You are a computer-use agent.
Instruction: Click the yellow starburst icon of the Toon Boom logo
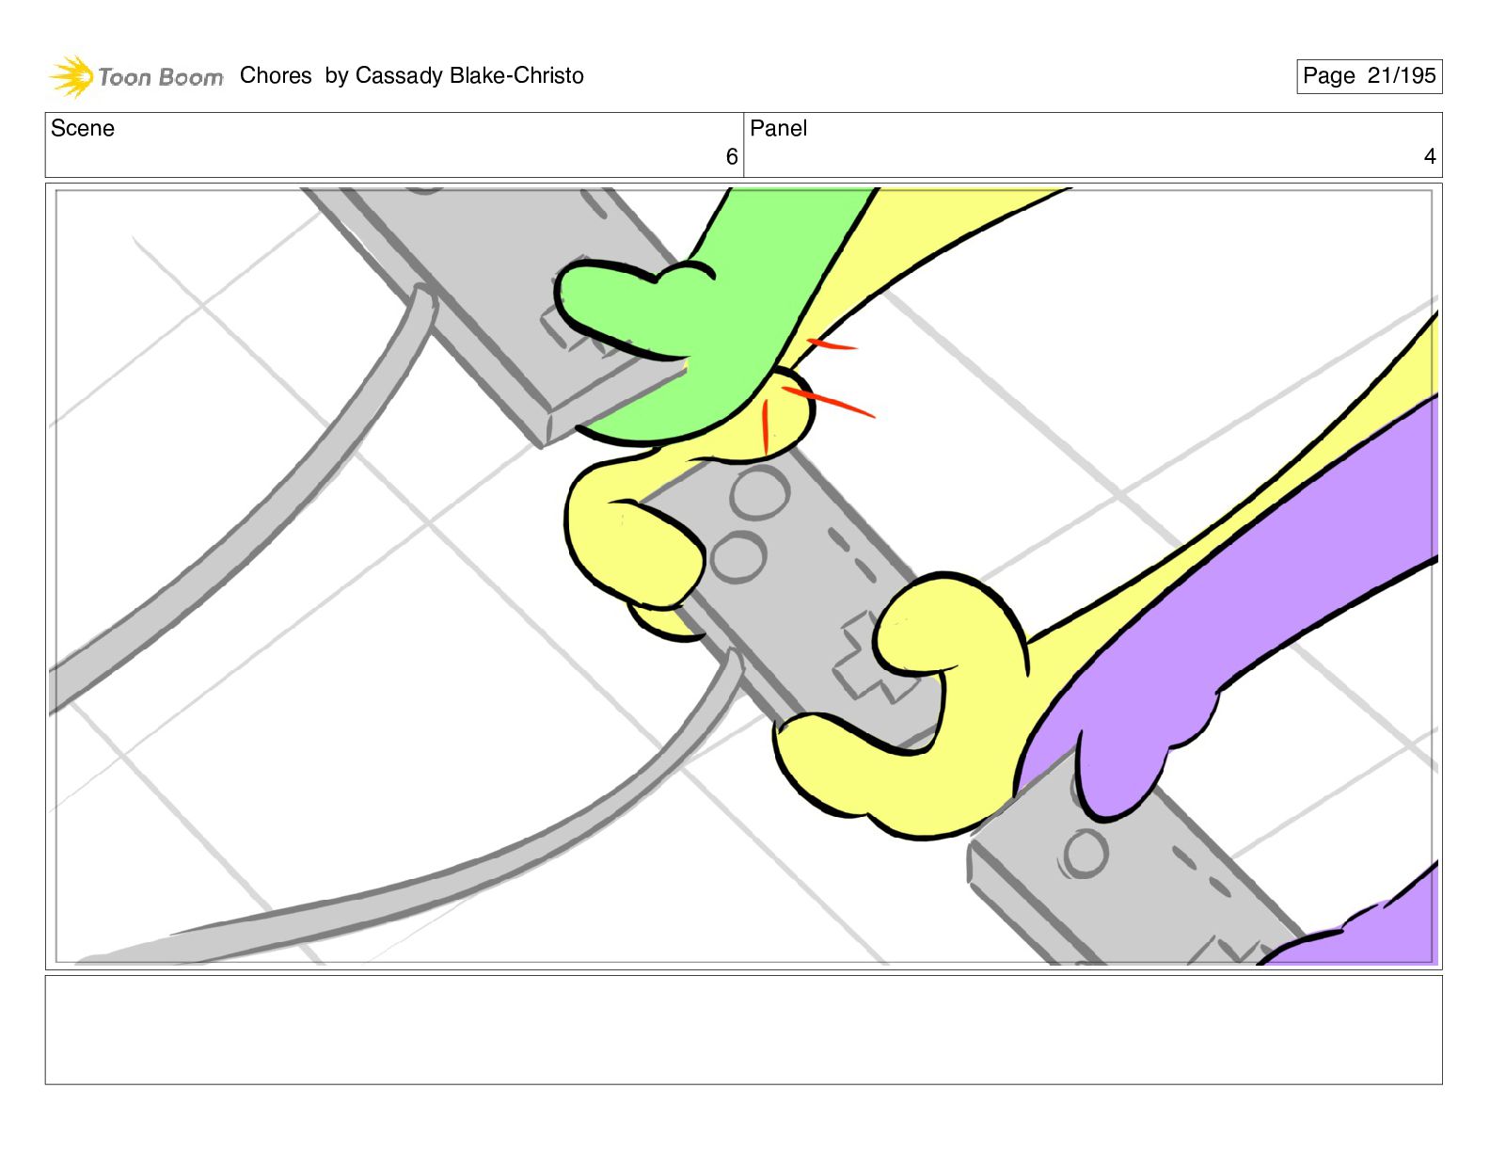72,76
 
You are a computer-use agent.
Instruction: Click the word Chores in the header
276,75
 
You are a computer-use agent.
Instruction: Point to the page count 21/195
1402,75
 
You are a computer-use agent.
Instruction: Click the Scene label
82,128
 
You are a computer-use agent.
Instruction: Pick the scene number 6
732,157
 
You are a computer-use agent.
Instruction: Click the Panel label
778,128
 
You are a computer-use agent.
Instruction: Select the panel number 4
1430,156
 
